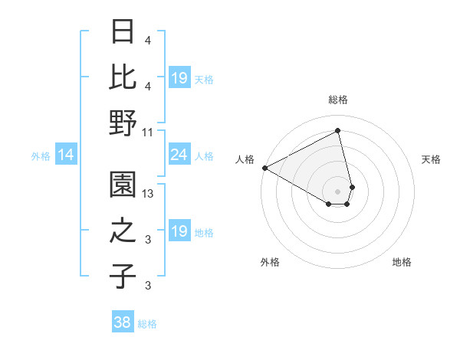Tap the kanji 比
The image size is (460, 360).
point(123,77)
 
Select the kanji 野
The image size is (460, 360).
point(123,123)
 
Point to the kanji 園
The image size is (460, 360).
point(123,184)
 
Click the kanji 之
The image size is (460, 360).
point(123,231)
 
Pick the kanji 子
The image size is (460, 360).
point(123,276)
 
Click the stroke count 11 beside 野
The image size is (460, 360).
point(148,132)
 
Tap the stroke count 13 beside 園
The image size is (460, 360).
point(149,194)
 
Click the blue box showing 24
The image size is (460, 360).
point(179,155)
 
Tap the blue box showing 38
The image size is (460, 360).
point(123,322)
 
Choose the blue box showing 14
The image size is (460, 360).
point(66,155)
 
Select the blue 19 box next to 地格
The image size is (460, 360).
point(179,232)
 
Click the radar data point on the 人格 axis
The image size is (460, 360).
point(264,168)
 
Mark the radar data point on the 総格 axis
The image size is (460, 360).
point(337,131)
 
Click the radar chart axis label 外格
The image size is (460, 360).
point(270,262)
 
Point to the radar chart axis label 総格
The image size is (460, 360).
point(337,100)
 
